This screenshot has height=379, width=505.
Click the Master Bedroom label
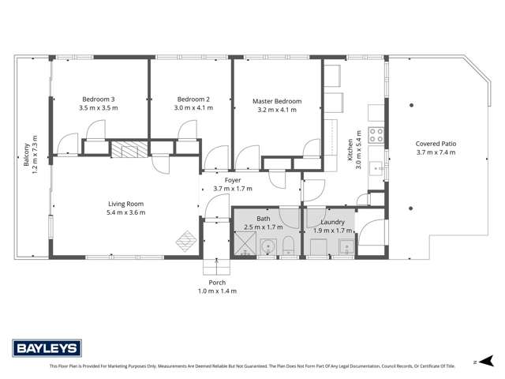click(x=277, y=101)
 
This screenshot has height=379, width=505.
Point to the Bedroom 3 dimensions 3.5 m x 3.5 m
click(x=98, y=108)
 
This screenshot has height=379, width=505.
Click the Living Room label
click(x=127, y=205)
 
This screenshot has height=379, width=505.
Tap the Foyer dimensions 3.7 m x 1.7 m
click(x=233, y=189)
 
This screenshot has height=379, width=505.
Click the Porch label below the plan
click(x=217, y=283)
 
